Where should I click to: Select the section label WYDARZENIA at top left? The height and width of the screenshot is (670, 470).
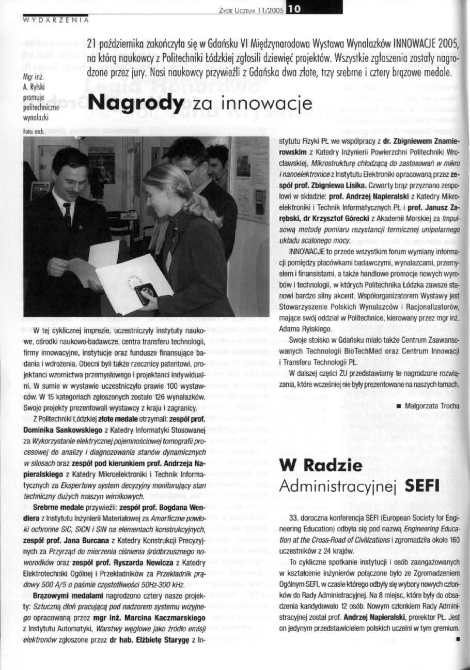[55, 21]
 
